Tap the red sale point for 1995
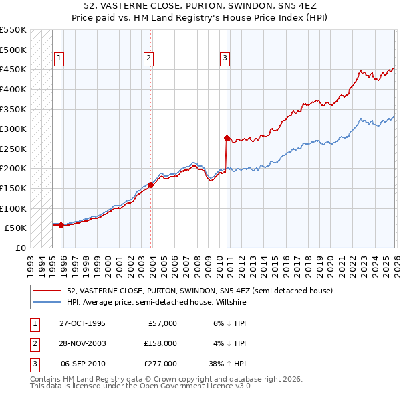[61, 225]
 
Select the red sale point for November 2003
[150, 185]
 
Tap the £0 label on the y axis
[20, 248]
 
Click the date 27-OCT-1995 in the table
[82, 323]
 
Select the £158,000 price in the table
[161, 343]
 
